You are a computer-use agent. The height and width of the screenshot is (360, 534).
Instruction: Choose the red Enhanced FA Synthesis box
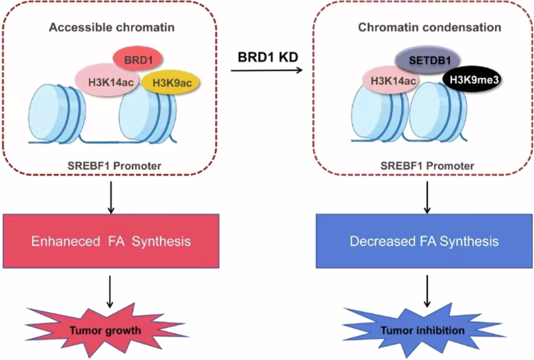coord(110,242)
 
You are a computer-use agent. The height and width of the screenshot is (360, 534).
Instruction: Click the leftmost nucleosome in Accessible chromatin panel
coord(56,115)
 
